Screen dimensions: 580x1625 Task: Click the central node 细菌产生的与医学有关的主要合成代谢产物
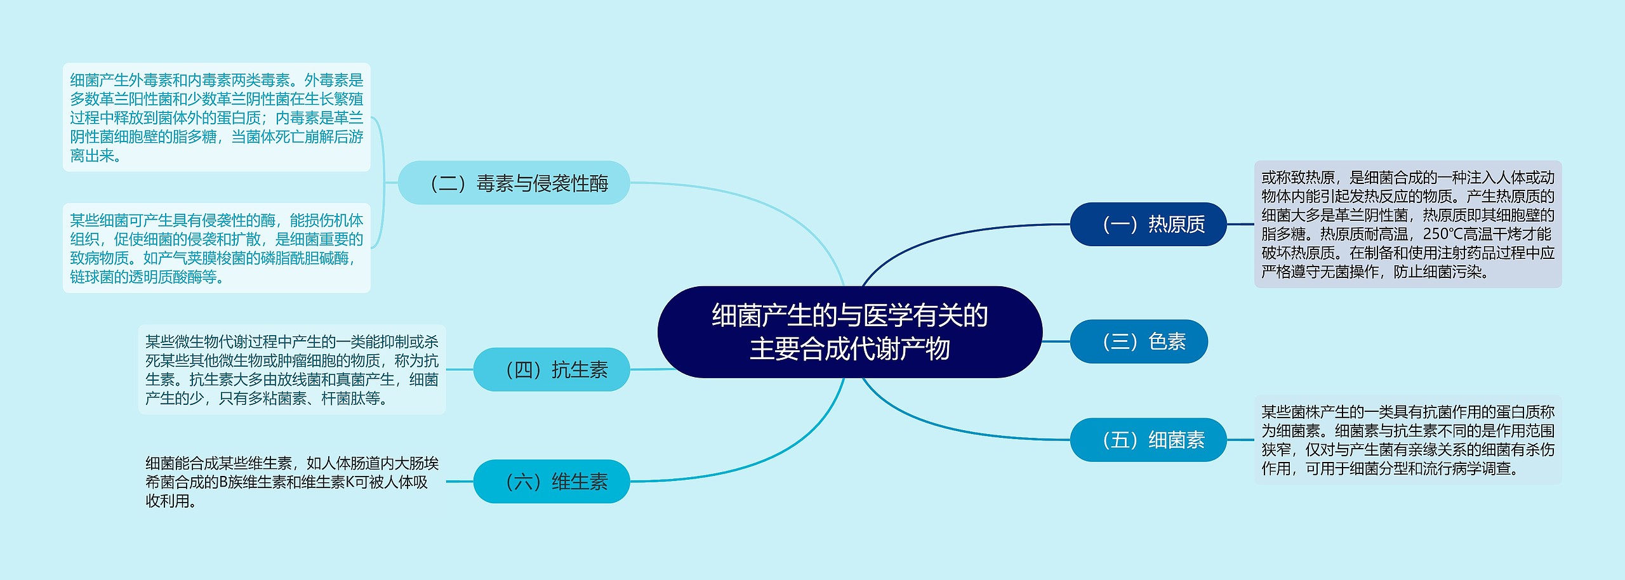pos(849,332)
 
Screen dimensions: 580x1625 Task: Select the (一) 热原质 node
pos(1148,224)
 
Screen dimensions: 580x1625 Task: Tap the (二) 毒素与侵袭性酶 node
pos(514,183)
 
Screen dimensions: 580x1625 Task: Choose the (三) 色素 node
pos(1139,341)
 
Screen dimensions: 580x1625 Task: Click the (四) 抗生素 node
pos(551,369)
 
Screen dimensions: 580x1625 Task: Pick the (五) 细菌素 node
pos(1148,440)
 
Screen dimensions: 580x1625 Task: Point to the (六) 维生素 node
pos(551,482)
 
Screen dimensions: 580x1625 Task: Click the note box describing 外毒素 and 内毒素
pos(216,117)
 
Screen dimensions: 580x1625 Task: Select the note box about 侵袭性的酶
pos(216,248)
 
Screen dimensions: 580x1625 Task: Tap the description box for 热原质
pos(1407,224)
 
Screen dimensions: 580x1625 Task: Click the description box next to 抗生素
pos(292,369)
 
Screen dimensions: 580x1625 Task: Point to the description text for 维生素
pos(292,482)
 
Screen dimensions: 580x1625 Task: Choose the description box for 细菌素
pos(1407,440)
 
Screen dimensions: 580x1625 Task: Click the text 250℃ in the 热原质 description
pos(1442,234)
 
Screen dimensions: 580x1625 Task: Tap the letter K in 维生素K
pos(349,482)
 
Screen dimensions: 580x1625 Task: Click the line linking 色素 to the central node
pos(1056,341)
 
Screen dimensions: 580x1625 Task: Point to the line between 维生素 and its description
pos(460,482)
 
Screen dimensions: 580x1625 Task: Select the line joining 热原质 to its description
pos(1240,224)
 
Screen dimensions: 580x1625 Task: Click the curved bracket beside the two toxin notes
pos(383,183)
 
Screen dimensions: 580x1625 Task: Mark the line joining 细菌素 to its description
pos(1240,440)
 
